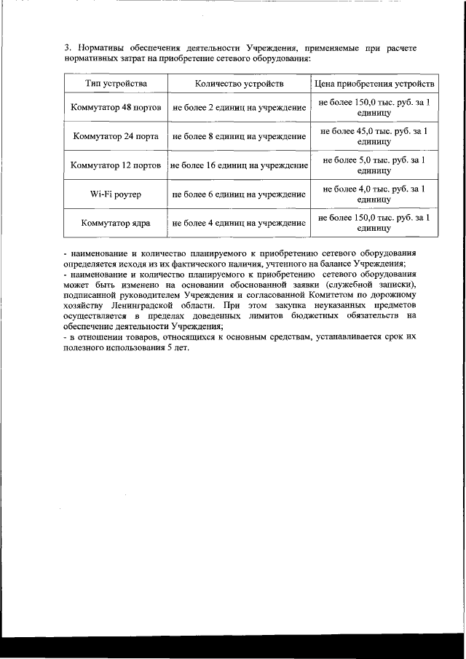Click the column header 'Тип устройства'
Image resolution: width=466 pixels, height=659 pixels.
point(116,84)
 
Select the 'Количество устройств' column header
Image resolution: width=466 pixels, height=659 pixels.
point(239,84)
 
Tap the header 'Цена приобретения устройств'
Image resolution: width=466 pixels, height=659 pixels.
point(374,84)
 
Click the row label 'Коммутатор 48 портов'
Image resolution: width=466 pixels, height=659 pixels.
point(116,108)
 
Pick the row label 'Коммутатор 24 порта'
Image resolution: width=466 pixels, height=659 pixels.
point(116,136)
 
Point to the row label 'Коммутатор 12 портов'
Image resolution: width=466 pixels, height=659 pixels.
point(116,165)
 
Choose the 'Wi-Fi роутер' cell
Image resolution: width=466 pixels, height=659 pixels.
point(116,194)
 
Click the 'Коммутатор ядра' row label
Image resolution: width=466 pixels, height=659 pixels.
point(116,223)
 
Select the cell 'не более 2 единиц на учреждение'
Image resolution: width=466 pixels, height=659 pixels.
point(239,108)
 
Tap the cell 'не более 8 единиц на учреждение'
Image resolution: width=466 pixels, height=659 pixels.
point(239,136)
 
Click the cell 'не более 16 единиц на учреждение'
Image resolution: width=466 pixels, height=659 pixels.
point(239,165)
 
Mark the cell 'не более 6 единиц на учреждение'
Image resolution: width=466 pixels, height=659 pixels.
point(239,194)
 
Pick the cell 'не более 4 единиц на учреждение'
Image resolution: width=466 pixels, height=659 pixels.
point(239,223)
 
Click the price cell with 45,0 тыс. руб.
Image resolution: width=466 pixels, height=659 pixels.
point(374,136)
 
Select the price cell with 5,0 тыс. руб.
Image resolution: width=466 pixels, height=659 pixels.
point(374,165)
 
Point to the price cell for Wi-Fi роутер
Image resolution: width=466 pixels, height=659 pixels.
point(374,194)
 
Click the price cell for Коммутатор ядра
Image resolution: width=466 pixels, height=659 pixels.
point(374,223)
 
